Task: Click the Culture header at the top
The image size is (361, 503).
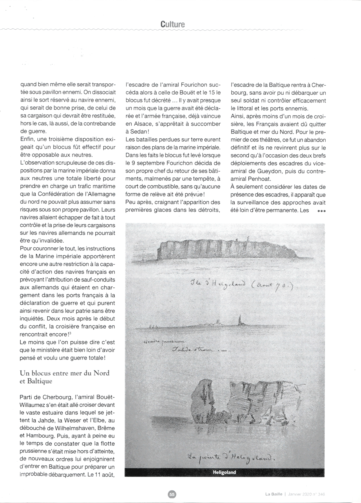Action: click(x=172, y=24)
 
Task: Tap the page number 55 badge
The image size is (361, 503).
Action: click(x=172, y=494)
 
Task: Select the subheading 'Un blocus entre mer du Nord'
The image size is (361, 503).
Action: click(x=65, y=373)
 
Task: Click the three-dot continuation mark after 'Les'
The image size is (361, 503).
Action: click(x=321, y=211)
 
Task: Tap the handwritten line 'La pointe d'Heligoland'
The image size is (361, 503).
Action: click(x=231, y=457)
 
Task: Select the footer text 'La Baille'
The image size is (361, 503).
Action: click(x=273, y=494)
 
